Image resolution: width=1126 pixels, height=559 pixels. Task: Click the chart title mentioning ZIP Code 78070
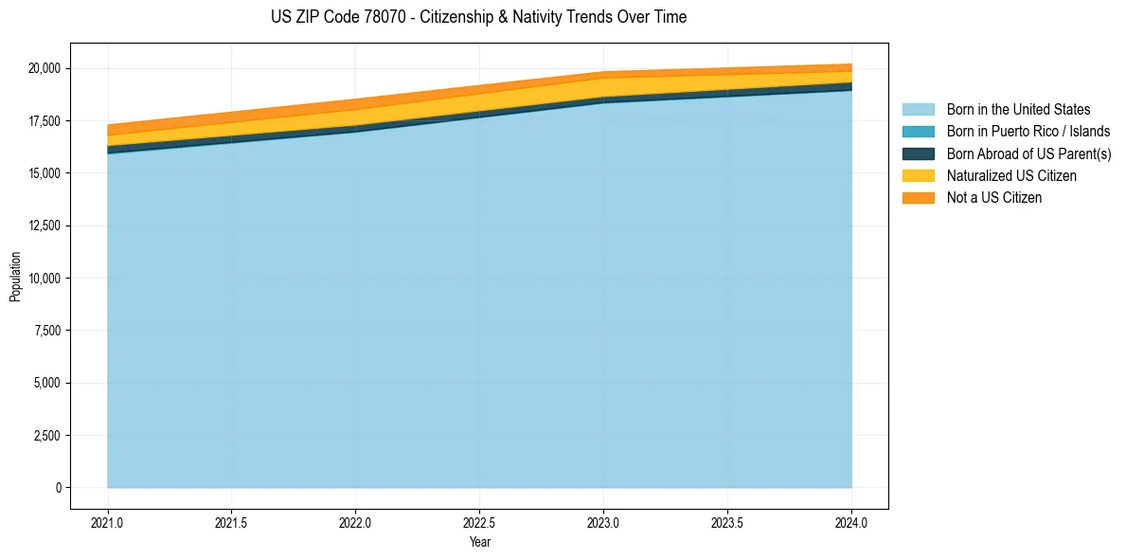tap(478, 17)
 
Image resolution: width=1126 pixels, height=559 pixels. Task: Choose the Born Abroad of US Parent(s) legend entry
tap(1028, 153)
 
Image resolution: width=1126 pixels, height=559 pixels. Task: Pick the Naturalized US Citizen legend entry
tap(1011, 176)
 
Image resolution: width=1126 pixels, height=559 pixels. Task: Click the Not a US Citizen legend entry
tap(993, 198)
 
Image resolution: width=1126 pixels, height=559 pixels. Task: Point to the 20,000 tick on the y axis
tap(44, 68)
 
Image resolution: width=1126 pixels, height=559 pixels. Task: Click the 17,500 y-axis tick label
tap(44, 121)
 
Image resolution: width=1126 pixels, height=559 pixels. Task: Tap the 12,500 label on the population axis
tap(44, 225)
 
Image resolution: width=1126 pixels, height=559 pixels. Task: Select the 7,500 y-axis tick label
tap(46, 331)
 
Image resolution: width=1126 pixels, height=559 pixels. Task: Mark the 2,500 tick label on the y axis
tap(46, 436)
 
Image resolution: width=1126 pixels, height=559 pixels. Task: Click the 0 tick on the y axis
tap(58, 488)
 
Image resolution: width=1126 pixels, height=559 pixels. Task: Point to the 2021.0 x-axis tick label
tap(108, 522)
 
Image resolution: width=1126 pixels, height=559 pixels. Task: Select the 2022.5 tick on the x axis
tap(479, 522)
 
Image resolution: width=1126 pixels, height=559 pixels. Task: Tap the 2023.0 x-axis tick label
tap(603, 522)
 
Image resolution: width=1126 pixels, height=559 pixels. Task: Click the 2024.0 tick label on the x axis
tap(851, 522)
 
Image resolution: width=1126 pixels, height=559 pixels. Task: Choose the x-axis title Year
tap(479, 542)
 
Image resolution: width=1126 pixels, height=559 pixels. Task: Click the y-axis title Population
tap(15, 277)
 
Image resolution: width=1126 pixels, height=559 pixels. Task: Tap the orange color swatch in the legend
tap(918, 198)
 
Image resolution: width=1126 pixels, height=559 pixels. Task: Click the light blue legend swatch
tap(918, 110)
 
